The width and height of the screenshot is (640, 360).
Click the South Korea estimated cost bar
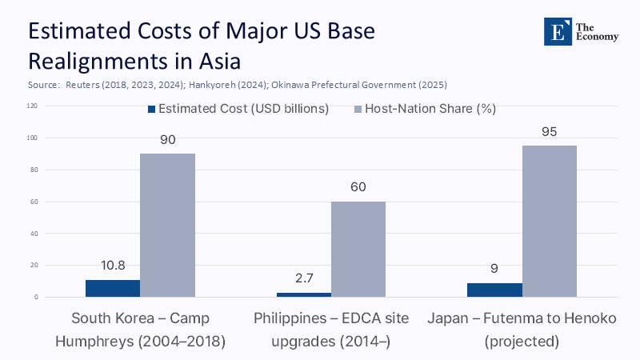click(113, 288)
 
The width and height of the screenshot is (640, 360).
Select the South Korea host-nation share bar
click(167, 225)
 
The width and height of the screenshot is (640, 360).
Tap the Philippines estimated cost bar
click(303, 294)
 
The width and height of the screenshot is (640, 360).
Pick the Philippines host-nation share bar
click(358, 249)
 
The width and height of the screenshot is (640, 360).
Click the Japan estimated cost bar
click(494, 290)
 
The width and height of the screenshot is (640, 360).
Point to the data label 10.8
click(113, 266)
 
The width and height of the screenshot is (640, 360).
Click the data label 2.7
click(303, 279)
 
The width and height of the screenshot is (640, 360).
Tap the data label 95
click(549, 132)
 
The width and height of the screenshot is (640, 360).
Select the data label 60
click(358, 188)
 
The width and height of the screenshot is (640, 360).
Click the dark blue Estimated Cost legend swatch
click(150, 110)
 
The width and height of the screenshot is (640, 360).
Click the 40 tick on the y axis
click(34, 234)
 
